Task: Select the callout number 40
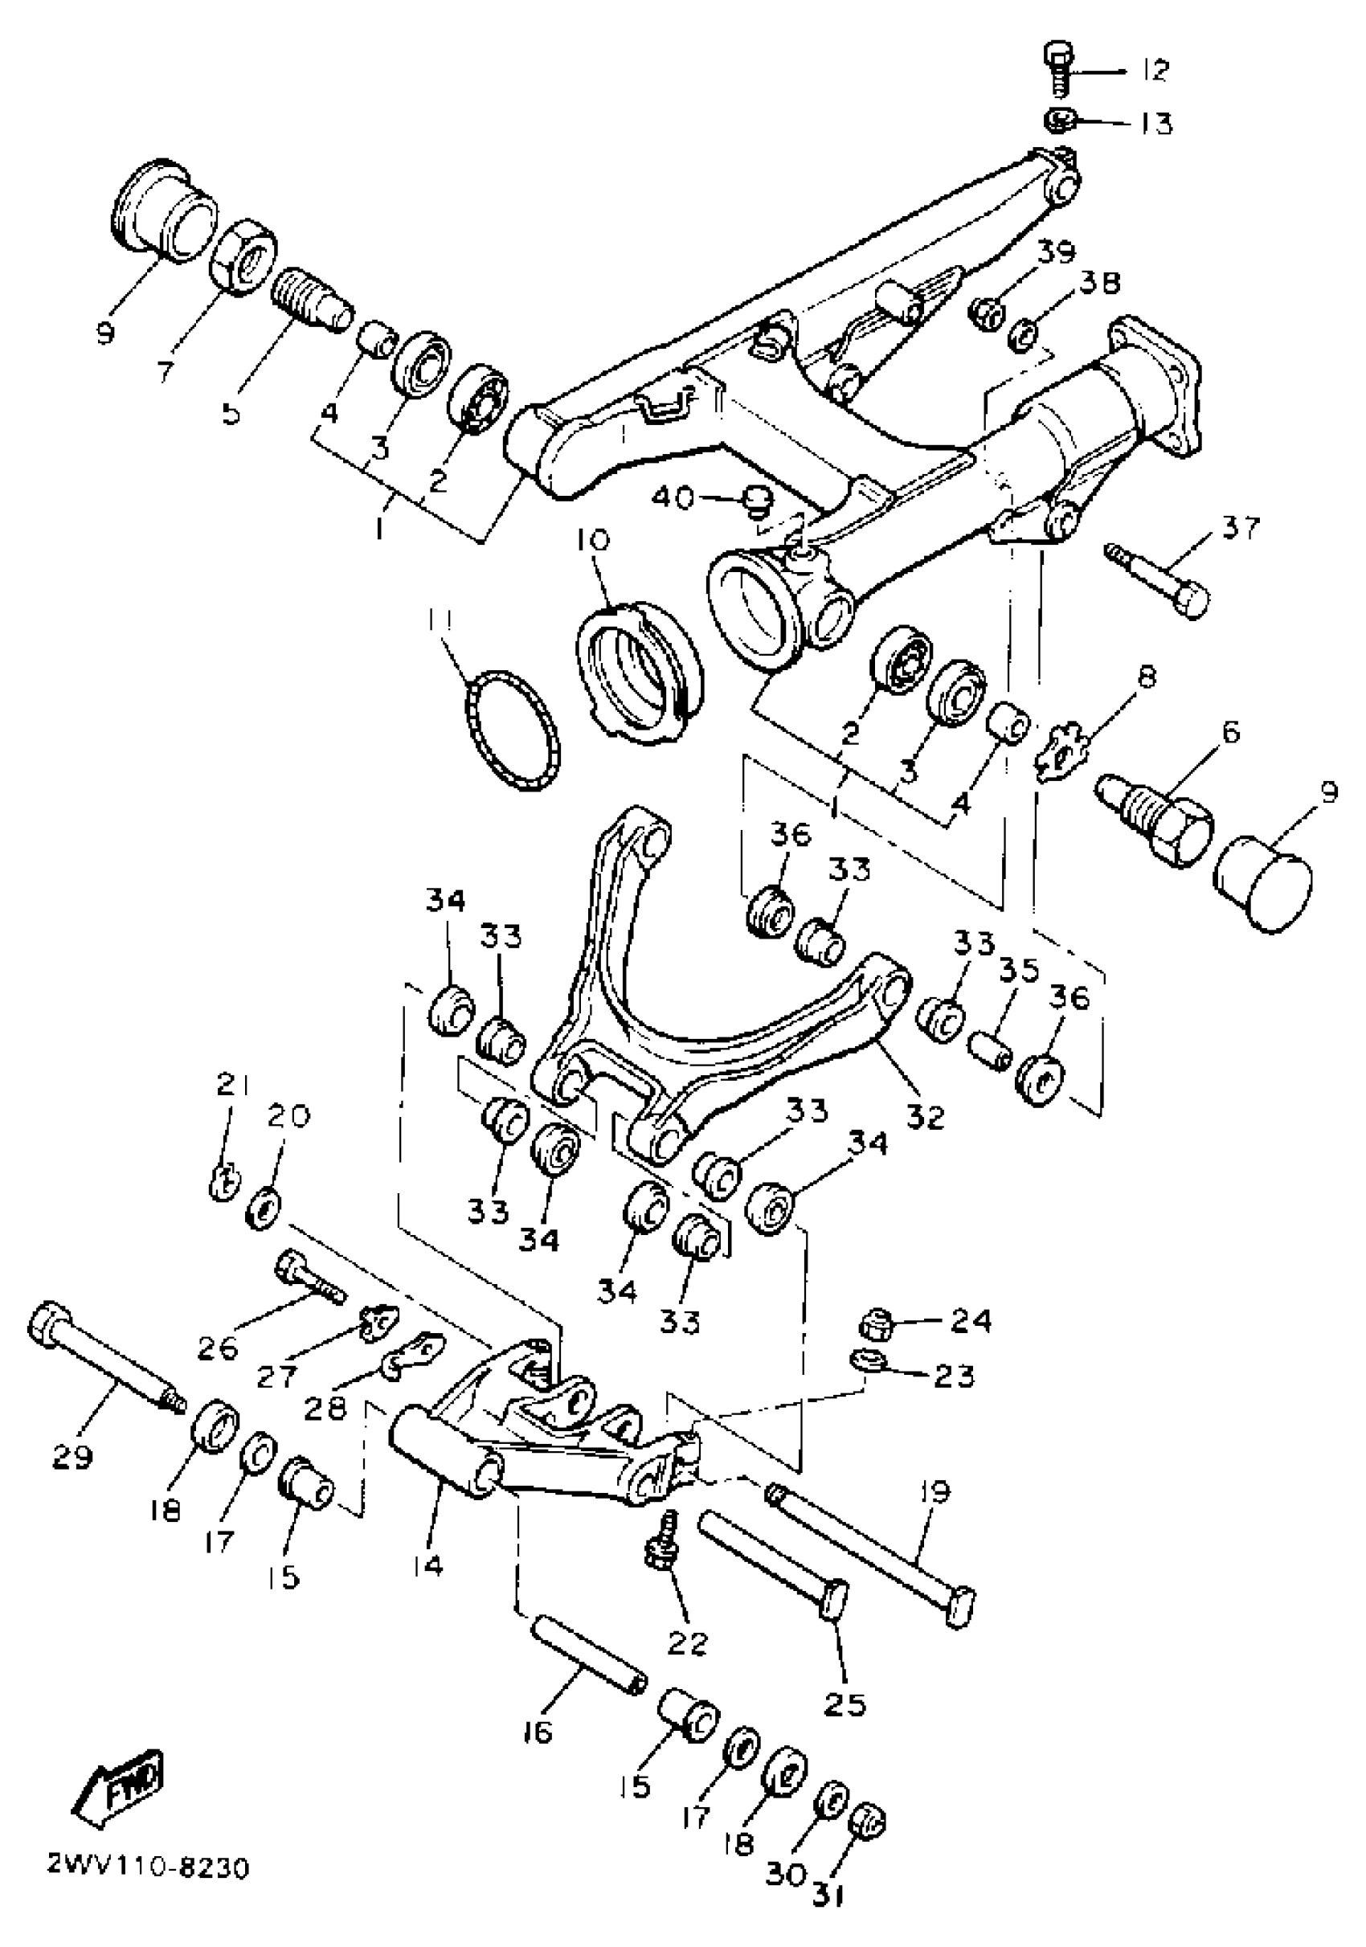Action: [673, 497]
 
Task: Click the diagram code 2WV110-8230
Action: [148, 1867]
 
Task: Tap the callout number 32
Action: [923, 1117]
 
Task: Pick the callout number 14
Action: [429, 1565]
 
